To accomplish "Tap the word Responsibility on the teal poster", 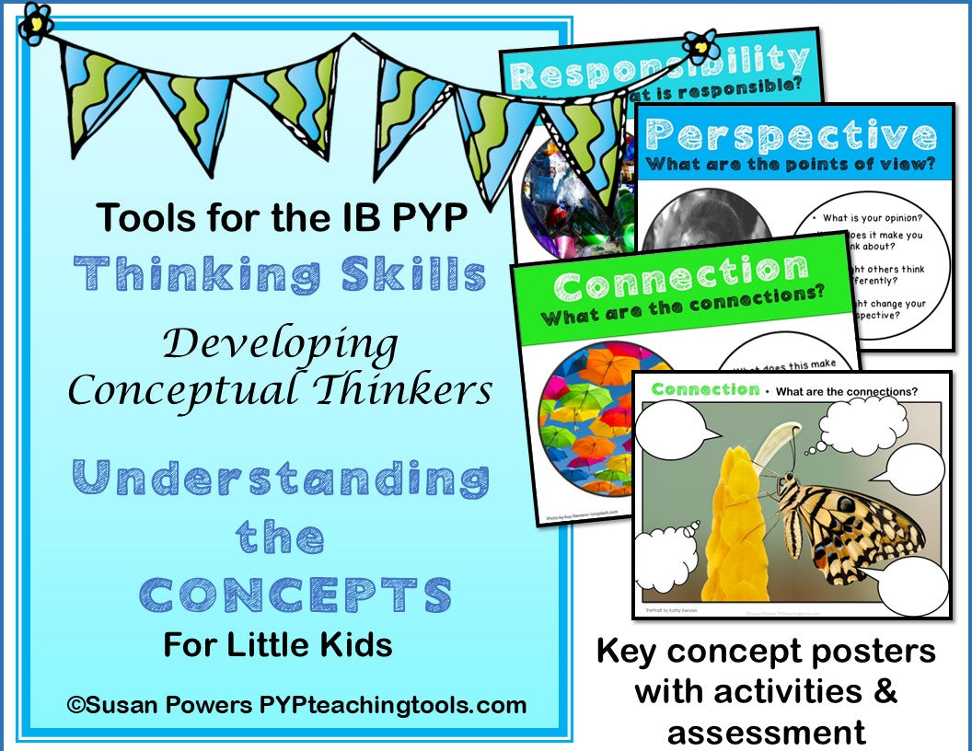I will (x=657, y=67).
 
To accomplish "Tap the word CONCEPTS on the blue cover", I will (x=295, y=595).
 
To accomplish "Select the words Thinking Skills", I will (x=280, y=275).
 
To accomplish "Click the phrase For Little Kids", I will (x=278, y=644).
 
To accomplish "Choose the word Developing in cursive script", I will (x=281, y=345).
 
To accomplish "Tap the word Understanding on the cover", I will (x=280, y=479).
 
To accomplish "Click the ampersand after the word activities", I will (x=885, y=691).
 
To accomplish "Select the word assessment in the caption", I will (x=766, y=732).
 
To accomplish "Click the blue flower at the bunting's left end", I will (x=34, y=21).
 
